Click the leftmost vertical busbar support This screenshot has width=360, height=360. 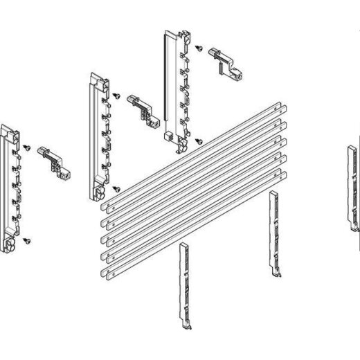pyautogui.click(x=12, y=187)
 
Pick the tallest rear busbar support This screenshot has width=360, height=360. pyautogui.click(x=174, y=87)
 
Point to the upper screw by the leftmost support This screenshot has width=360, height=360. pyautogui.click(x=26, y=147)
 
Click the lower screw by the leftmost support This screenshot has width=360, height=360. pyautogui.click(x=28, y=240)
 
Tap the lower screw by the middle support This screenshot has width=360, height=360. pyautogui.click(x=116, y=187)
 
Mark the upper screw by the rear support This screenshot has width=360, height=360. pyautogui.click(x=198, y=49)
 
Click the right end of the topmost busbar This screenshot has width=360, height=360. pyautogui.click(x=280, y=108)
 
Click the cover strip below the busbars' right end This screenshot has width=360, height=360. pyautogui.click(x=273, y=232)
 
